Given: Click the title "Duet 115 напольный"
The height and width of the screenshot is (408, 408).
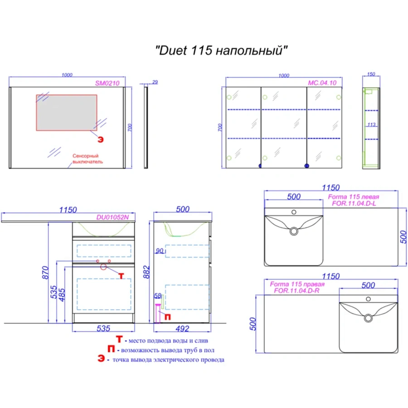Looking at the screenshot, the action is [x=221, y=50].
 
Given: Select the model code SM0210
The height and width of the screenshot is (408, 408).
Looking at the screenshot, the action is [x=107, y=83].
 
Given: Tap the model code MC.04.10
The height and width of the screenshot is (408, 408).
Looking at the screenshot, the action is [x=322, y=83].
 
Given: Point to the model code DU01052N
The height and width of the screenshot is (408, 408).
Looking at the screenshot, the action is [x=112, y=217].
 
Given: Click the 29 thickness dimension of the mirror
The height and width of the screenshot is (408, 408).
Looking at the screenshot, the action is [x=155, y=82].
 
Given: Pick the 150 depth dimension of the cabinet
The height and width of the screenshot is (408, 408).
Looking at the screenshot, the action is [x=371, y=74].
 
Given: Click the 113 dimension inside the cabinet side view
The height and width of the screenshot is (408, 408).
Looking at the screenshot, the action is [x=371, y=125].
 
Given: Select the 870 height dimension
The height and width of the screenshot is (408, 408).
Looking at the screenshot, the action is [x=45, y=272].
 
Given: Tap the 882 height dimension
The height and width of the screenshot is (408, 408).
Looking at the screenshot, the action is [x=147, y=272].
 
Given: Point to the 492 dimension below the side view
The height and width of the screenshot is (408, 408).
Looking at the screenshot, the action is [x=182, y=329].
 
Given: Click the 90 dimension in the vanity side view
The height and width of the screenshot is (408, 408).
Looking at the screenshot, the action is [x=160, y=251].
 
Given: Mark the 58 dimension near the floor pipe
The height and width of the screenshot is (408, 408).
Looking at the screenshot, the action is [x=158, y=296].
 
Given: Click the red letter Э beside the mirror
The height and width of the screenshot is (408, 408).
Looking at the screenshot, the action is [x=101, y=140].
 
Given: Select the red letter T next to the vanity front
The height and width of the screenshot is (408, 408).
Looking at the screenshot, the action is [x=121, y=276].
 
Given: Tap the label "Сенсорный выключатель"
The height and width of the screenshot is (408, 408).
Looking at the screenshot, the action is [x=87, y=159].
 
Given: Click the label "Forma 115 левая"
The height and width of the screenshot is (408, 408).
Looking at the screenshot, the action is [x=353, y=197].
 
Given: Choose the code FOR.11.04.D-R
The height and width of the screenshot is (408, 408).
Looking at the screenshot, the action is [x=296, y=291].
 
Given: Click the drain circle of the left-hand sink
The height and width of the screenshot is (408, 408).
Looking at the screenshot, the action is [x=294, y=231].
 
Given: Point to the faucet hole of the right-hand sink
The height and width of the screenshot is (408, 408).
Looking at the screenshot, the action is [x=368, y=299].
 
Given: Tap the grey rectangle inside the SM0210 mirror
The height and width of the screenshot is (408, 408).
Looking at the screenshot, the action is [x=67, y=113].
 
